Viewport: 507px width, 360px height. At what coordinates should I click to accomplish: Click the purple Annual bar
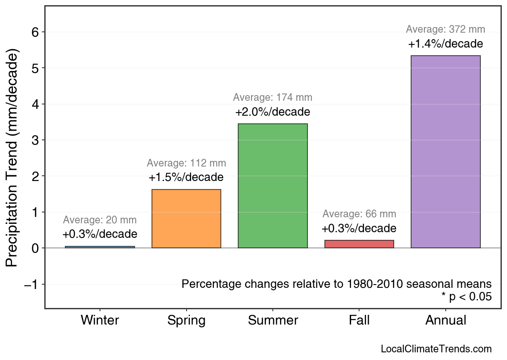pyautogui.click(x=445, y=152)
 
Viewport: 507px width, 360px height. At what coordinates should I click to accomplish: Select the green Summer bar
pyautogui.click(x=273, y=186)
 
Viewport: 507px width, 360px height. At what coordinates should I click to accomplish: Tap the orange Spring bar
pyautogui.click(x=186, y=218)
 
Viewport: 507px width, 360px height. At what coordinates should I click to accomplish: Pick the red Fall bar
pyautogui.click(x=359, y=244)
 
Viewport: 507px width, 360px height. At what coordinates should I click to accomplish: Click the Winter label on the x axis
pyautogui.click(x=100, y=320)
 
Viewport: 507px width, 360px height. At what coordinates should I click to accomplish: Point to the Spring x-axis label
pyautogui.click(x=186, y=320)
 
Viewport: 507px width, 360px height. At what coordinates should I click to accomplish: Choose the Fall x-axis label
pyautogui.click(x=359, y=320)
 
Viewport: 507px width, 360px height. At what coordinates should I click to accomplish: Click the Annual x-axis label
pyautogui.click(x=445, y=320)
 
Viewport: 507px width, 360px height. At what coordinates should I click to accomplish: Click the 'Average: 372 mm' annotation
pyautogui.click(x=445, y=29)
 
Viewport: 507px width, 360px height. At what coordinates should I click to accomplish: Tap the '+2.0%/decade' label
pyautogui.click(x=273, y=112)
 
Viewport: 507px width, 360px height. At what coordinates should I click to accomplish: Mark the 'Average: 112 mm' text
pyautogui.click(x=186, y=163)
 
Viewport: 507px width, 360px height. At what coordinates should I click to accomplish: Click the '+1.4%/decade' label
pyautogui.click(x=445, y=44)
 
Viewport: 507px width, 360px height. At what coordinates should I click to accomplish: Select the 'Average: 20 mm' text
pyautogui.click(x=100, y=220)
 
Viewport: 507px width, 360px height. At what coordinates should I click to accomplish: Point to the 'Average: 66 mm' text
pyautogui.click(x=359, y=214)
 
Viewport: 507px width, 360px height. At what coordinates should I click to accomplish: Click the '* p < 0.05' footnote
pyautogui.click(x=466, y=297)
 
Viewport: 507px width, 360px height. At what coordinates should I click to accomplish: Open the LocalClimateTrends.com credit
pyautogui.click(x=436, y=349)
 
